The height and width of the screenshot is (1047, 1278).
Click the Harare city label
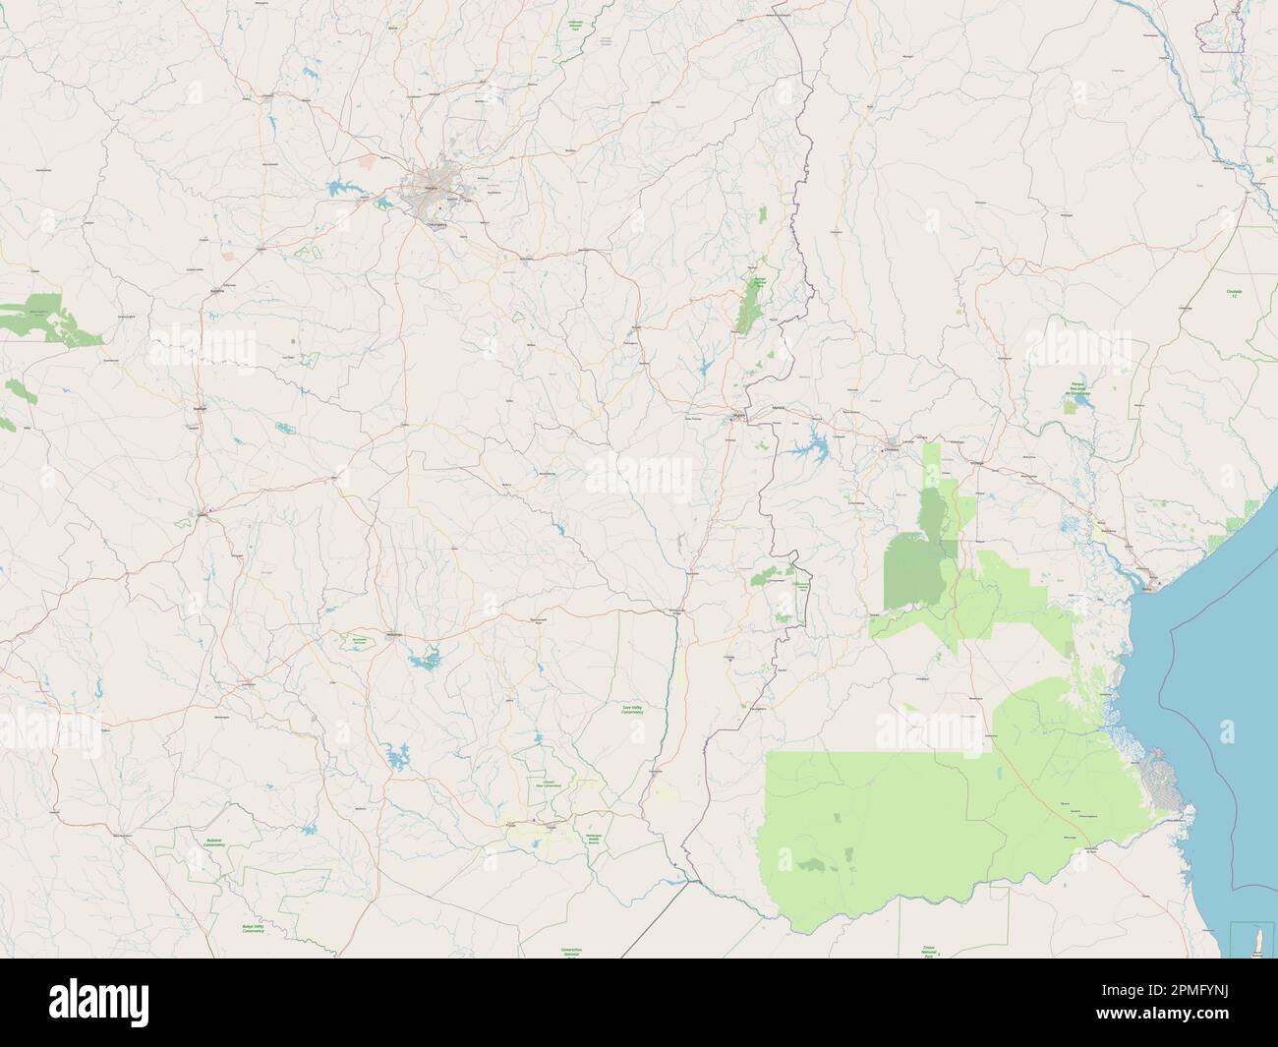[x=434, y=183]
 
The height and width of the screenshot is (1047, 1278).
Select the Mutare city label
[x=739, y=418]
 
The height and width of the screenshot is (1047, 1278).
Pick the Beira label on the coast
[x=1159, y=587]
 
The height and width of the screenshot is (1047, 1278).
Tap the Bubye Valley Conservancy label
[x=254, y=929]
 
